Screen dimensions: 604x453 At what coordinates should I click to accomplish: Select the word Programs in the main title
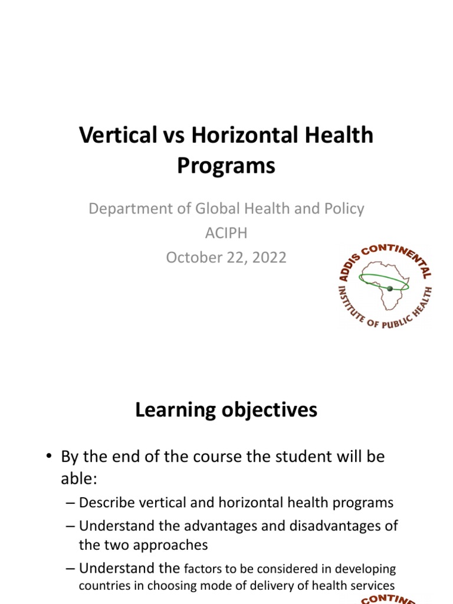click(226, 166)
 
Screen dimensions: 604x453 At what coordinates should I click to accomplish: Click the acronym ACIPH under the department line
click(226, 233)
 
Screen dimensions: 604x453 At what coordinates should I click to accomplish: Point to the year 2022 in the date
click(267, 258)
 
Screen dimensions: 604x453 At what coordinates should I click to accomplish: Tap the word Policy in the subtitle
click(342, 208)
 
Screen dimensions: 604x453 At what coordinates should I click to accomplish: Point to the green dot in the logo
click(389, 288)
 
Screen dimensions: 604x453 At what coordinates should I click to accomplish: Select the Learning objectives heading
click(226, 410)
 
